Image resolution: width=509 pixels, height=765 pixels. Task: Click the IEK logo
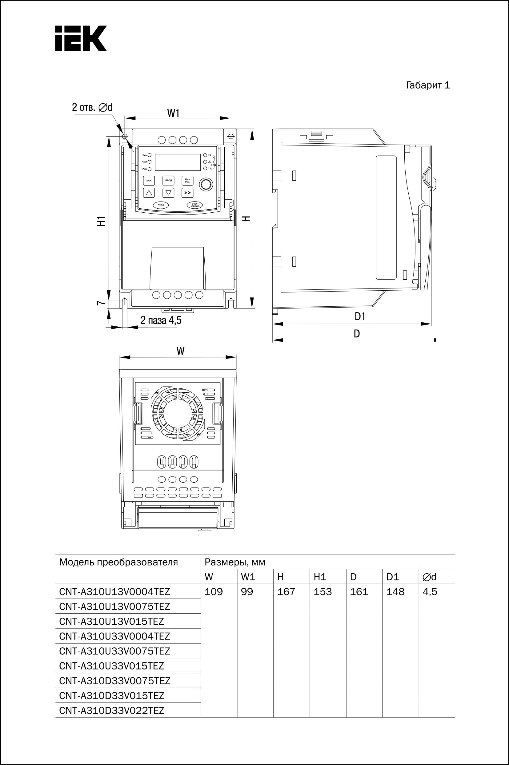click(81, 38)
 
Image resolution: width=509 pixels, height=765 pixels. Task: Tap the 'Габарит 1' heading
click(428, 85)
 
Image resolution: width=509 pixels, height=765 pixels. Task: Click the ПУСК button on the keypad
click(161, 205)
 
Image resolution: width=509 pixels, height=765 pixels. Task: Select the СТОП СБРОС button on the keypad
click(195, 205)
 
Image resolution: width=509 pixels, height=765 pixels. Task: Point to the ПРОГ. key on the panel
click(149, 180)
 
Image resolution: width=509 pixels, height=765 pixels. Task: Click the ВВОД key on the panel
click(168, 180)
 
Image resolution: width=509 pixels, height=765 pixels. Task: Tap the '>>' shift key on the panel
click(187, 193)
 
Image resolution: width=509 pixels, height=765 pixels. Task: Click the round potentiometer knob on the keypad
click(205, 184)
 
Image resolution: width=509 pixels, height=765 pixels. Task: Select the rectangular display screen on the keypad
click(178, 162)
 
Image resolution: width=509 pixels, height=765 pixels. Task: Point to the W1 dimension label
click(173, 113)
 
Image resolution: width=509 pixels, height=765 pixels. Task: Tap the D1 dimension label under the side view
click(360, 316)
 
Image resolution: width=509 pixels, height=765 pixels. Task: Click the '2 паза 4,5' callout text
click(161, 321)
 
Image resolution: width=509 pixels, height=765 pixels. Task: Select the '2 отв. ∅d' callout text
click(92, 107)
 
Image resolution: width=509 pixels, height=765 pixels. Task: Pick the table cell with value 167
click(286, 592)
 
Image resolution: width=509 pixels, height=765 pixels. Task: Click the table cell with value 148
click(395, 592)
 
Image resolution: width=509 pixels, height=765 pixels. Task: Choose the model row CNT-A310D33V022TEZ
click(112, 711)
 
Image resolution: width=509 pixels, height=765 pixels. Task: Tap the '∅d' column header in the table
click(430, 577)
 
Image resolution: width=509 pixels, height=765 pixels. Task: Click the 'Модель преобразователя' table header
click(118, 562)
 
